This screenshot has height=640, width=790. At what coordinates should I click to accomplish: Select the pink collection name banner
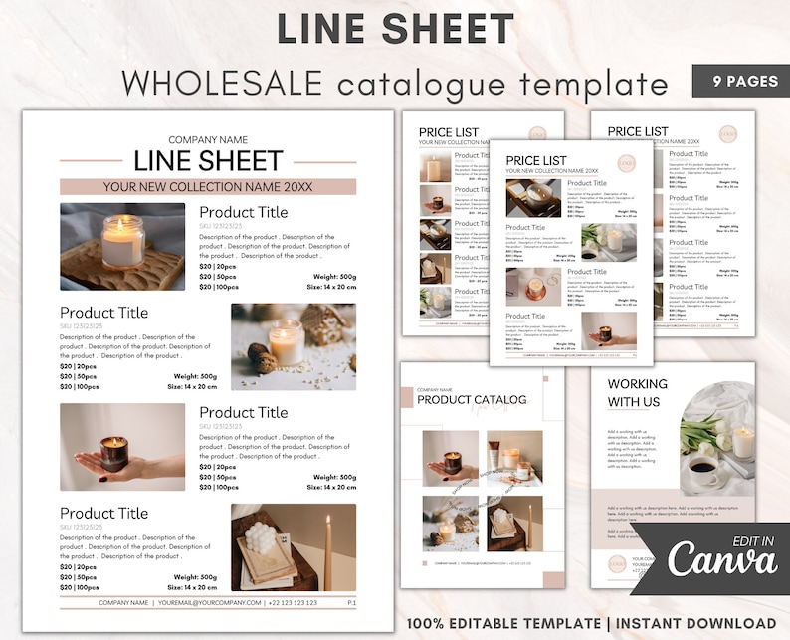[208, 186]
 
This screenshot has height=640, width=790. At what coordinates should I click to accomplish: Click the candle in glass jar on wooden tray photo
[122, 246]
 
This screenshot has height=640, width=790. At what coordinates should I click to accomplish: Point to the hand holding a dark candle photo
[122, 446]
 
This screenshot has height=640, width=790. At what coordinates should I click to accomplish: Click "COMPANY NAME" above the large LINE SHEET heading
[208, 140]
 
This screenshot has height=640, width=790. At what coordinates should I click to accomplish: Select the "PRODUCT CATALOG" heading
[472, 400]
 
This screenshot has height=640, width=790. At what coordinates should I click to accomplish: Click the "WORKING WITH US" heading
[638, 393]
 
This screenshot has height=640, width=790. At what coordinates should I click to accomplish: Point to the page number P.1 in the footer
[351, 602]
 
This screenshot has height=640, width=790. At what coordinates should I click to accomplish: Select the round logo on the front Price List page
[626, 163]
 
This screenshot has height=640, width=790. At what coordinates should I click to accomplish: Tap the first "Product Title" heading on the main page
[243, 212]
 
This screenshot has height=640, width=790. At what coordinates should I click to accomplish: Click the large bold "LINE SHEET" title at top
[395, 28]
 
